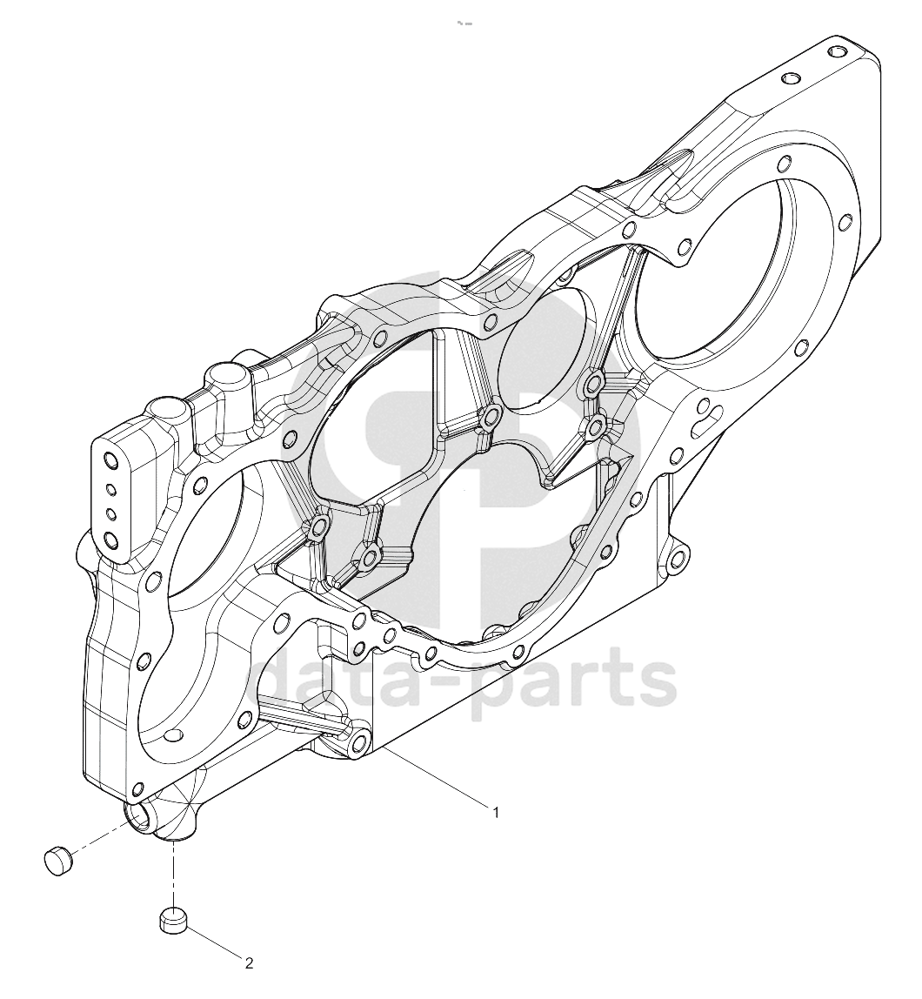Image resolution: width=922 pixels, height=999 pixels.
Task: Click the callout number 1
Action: point(496,812)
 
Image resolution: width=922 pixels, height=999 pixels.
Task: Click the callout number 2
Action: point(249,963)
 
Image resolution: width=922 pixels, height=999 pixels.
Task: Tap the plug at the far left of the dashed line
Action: point(58,861)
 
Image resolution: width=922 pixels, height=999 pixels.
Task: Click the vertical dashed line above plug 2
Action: point(172,875)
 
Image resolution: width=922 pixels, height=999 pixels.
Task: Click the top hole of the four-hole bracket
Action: point(110,460)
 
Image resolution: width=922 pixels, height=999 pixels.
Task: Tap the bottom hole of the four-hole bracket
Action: point(111,541)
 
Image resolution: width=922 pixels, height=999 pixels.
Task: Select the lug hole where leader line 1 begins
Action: point(358,742)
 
